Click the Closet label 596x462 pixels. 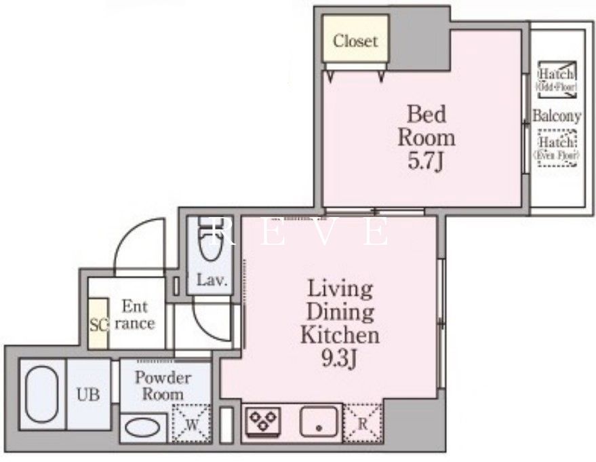click(355, 41)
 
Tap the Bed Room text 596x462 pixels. click(426, 126)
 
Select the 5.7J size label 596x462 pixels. click(426, 161)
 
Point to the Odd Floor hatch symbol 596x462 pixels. click(556, 79)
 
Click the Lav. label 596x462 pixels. click(211, 280)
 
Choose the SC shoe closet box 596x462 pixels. click(98, 324)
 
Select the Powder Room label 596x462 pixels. click(163, 386)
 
